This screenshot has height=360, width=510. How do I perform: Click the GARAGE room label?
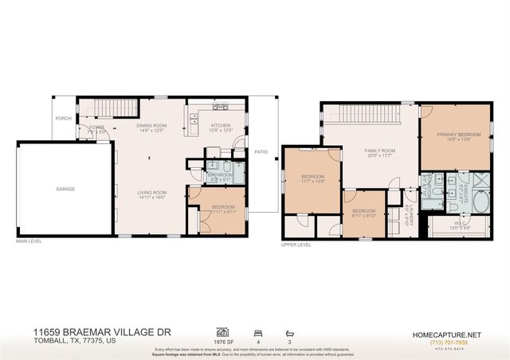(x=65, y=189)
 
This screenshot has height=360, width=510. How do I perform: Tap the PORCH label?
(x=63, y=119)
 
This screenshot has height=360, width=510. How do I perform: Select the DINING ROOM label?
(x=151, y=125)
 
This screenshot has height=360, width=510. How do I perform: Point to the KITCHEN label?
(x=220, y=125)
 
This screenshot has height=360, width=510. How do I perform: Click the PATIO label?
(x=261, y=151)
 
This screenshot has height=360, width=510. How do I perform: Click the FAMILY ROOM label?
(x=379, y=151)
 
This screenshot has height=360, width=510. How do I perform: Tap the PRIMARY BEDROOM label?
(x=458, y=135)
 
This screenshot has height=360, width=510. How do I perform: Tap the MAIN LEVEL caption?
(x=29, y=241)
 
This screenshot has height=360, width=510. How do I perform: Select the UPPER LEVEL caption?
(x=296, y=245)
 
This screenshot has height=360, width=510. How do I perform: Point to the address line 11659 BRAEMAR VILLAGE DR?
(x=101, y=331)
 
